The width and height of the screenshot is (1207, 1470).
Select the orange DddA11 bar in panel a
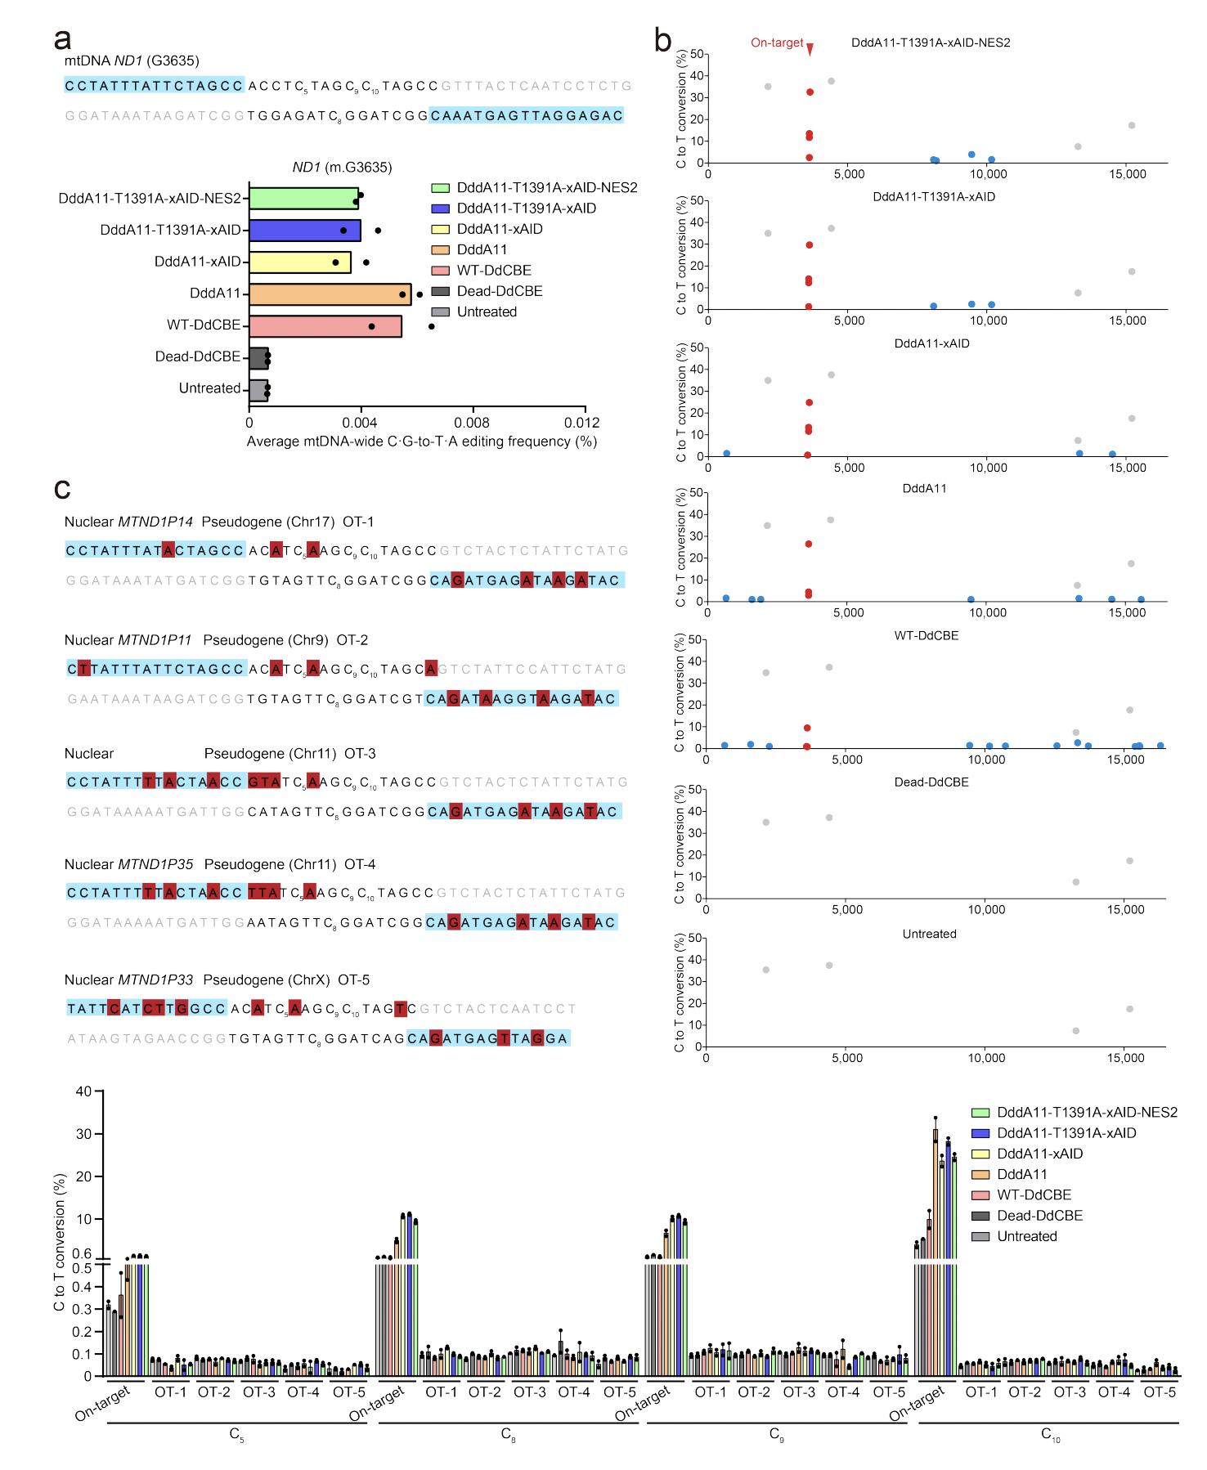point(330,294)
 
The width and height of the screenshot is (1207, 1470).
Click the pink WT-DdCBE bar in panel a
point(325,325)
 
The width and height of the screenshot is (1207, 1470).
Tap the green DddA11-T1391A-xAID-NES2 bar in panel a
point(303,198)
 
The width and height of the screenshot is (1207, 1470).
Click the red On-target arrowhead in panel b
point(810,50)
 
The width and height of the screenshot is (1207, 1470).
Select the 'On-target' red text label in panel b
point(777,43)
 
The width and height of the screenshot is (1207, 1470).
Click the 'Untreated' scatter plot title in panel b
point(930,934)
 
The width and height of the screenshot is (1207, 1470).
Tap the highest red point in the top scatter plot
point(810,92)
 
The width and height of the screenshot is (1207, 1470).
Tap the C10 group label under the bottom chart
point(1050,1436)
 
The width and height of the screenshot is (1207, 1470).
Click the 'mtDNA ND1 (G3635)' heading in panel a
point(132,61)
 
